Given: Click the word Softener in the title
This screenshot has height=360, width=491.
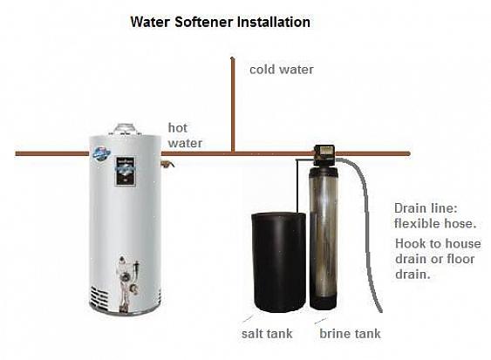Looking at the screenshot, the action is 204,22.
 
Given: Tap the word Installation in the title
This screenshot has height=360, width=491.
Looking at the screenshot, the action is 274,22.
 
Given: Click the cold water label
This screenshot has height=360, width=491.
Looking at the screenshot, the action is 282,70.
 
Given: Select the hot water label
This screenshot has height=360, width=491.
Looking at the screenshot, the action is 185,135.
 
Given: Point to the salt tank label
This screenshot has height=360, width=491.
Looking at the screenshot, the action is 267,333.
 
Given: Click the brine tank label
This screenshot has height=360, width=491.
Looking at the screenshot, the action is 350,333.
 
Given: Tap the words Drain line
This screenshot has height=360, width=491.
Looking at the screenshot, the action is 426,208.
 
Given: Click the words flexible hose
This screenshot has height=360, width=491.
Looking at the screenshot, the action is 435,223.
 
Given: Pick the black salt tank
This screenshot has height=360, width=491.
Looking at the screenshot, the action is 279,262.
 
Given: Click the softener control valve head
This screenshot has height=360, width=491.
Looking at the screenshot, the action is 324,155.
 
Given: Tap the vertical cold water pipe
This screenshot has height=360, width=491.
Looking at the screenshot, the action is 233,105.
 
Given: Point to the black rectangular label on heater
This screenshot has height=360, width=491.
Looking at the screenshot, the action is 126,172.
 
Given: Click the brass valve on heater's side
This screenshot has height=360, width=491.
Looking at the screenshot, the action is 167,164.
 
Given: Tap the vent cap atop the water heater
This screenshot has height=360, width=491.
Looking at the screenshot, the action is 125,129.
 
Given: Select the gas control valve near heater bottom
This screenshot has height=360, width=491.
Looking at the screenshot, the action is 128,275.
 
